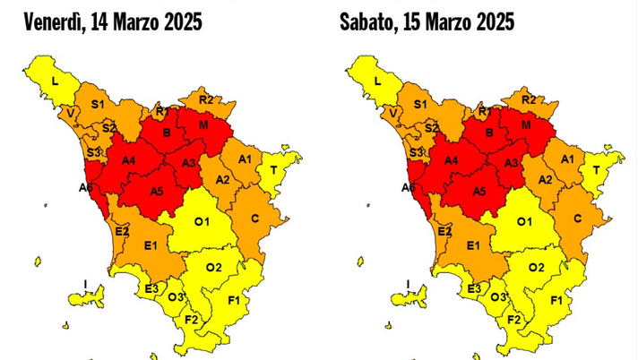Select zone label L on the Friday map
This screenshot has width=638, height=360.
pos(56,81)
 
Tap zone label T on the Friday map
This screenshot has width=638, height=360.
pos(273,169)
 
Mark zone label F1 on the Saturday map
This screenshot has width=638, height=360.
pos(556,299)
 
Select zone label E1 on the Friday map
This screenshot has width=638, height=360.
pos(151,245)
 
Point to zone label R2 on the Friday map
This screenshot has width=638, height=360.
pos(206,99)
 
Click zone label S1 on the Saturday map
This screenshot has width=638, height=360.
pos(418,105)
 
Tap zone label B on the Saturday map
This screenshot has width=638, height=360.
pos(487,133)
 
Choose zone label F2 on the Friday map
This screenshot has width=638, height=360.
pos(190,319)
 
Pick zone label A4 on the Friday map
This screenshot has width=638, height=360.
pos(128,160)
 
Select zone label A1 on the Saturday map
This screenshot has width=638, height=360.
pos(566,159)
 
